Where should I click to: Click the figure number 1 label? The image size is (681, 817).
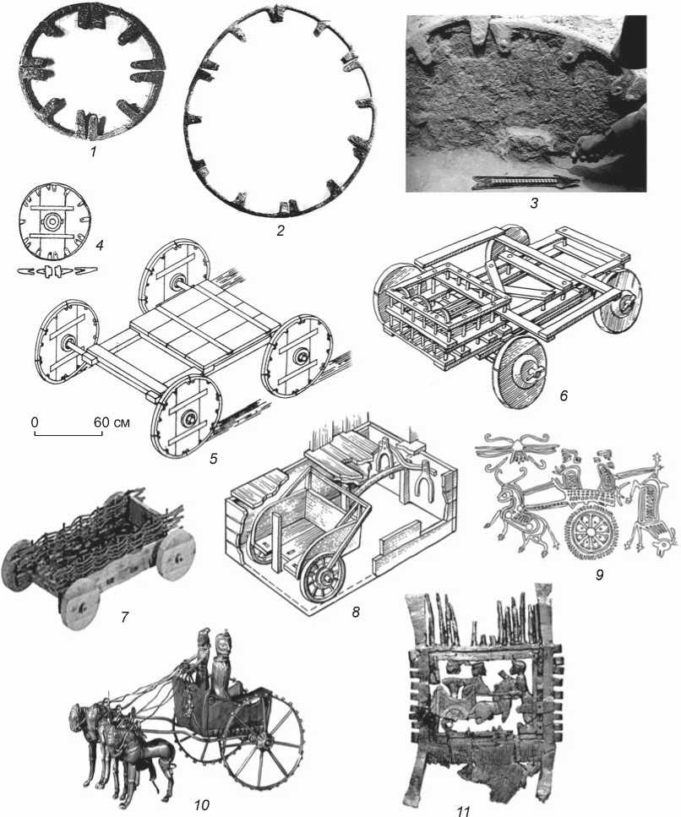(93, 153)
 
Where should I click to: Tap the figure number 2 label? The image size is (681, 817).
(281, 231)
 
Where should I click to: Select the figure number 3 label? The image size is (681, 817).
(533, 203)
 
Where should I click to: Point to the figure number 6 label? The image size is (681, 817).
(564, 395)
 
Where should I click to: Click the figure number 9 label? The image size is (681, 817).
(600, 575)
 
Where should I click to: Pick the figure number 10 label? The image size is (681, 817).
(202, 805)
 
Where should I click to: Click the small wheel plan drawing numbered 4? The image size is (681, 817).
(52, 221)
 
